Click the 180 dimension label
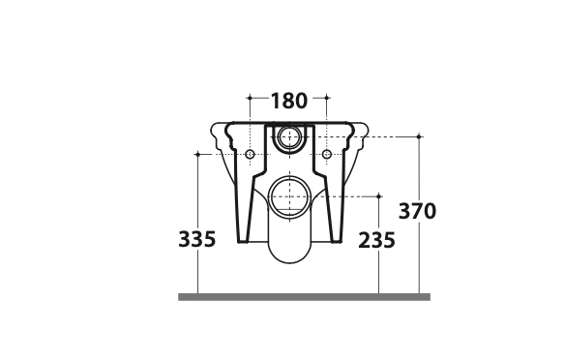tap(289, 101)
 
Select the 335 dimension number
tap(197, 239)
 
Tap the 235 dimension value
tap(376, 240)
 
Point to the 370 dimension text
tap(417, 211)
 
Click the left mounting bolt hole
tap(250, 155)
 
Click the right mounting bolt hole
tap(326, 155)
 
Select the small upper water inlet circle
tap(289, 137)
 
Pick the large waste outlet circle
tap(289, 196)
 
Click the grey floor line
tap(304, 297)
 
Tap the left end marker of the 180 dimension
tap(250, 98)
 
